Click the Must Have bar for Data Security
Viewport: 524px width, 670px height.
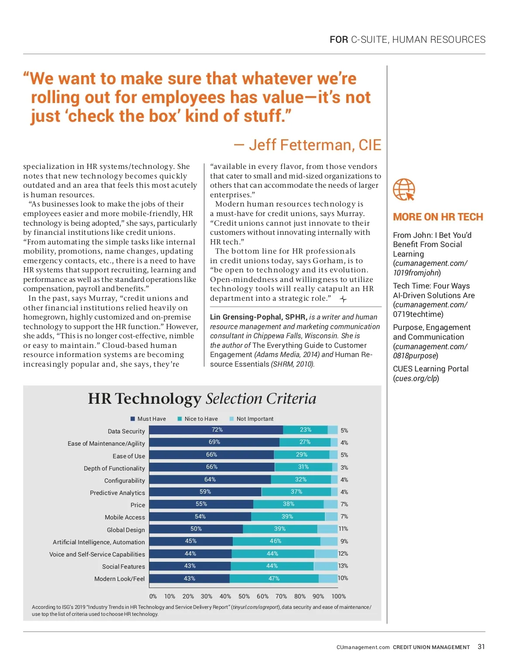216,430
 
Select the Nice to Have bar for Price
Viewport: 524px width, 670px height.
288,504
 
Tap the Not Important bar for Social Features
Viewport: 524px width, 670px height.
326,566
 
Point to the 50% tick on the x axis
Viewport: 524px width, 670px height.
244,596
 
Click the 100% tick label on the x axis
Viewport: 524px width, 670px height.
338,596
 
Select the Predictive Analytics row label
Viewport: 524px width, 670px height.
117,493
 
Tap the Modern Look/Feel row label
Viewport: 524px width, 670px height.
119,579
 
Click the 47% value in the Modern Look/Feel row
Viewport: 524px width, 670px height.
274,578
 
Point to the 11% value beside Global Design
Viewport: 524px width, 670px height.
344,529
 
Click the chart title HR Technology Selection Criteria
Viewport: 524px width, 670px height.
202,399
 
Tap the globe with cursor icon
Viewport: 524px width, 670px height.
404,189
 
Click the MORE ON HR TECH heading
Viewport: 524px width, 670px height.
438,217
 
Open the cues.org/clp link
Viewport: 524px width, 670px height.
416,378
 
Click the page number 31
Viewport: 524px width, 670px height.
481,647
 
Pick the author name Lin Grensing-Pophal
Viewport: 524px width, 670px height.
247,317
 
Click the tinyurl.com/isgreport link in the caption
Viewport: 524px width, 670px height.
255,607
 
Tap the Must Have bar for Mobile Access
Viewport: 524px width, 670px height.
200,516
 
